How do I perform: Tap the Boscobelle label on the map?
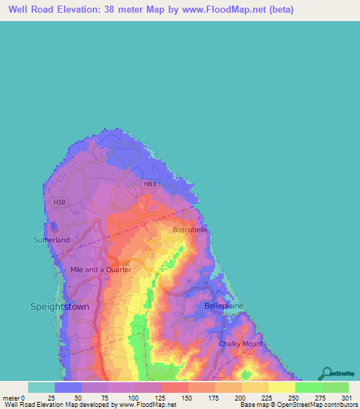click(191, 229)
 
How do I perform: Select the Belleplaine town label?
click(223, 306)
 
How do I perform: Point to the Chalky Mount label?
click(240, 344)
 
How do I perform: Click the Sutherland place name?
click(52, 240)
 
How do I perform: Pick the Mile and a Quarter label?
click(101, 269)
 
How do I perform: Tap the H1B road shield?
click(58, 202)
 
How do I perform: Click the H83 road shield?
click(149, 184)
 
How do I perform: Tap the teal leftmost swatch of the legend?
click(41, 387)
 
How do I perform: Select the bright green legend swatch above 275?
click(309, 387)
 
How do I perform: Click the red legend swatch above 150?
click(175, 387)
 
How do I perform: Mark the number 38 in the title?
click(117, 10)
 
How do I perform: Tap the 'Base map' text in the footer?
click(252, 405)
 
